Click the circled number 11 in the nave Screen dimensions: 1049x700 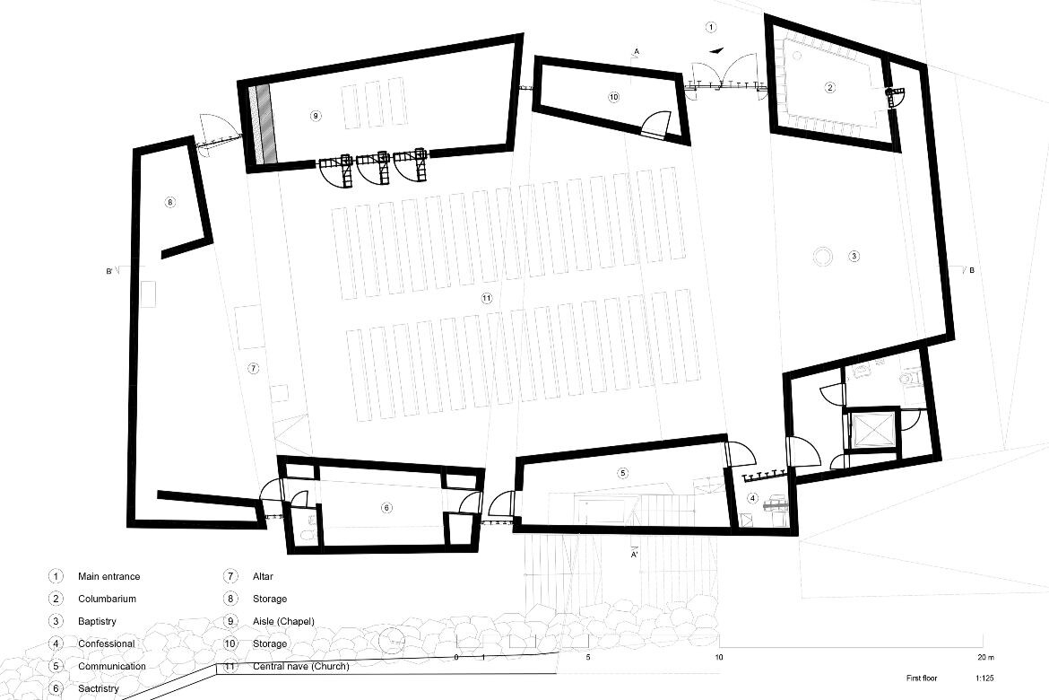click(x=486, y=299)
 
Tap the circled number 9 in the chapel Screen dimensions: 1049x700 click(x=316, y=115)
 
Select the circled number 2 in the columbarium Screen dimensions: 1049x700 click(x=830, y=87)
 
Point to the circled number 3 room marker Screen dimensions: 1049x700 click(x=854, y=256)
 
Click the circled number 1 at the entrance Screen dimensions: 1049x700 click(x=711, y=28)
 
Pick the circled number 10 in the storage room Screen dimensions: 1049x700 click(x=613, y=97)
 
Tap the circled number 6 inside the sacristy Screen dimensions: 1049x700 click(x=386, y=508)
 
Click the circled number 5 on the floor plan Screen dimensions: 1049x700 click(x=623, y=473)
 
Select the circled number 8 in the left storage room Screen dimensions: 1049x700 click(x=169, y=202)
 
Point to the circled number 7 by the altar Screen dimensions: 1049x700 click(x=252, y=368)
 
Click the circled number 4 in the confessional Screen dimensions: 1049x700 click(x=752, y=498)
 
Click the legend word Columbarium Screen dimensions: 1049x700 click(x=107, y=599)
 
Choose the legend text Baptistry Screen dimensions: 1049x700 click(x=97, y=622)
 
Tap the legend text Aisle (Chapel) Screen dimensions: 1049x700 click(x=283, y=622)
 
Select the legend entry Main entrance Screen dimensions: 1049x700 click(x=109, y=576)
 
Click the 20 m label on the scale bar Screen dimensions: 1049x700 click(x=984, y=657)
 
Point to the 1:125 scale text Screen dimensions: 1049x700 click(x=984, y=678)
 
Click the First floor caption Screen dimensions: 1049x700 click(x=922, y=678)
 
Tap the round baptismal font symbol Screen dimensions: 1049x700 click(x=822, y=256)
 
